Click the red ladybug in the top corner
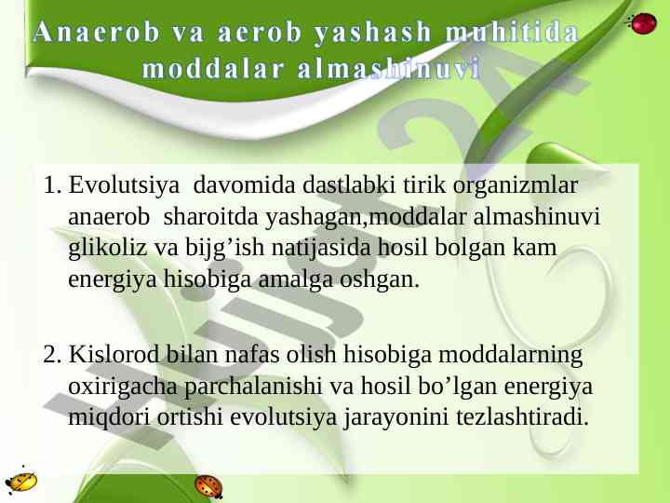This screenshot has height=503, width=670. click(x=641, y=23)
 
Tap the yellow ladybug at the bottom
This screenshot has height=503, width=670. click(x=21, y=482)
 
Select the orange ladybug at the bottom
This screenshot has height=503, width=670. click(x=208, y=486)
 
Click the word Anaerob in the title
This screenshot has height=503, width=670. click(x=97, y=32)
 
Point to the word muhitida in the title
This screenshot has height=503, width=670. click(x=513, y=32)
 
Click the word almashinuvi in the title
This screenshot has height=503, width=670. click(x=389, y=69)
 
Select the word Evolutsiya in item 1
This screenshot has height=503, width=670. click(x=124, y=186)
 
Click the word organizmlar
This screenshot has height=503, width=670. click(x=516, y=186)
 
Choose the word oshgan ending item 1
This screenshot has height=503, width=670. click(x=380, y=280)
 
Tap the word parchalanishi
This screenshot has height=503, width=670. click(x=253, y=387)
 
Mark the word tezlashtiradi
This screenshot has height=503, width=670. click(x=523, y=417)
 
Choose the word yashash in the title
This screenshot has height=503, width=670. click(x=372, y=33)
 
